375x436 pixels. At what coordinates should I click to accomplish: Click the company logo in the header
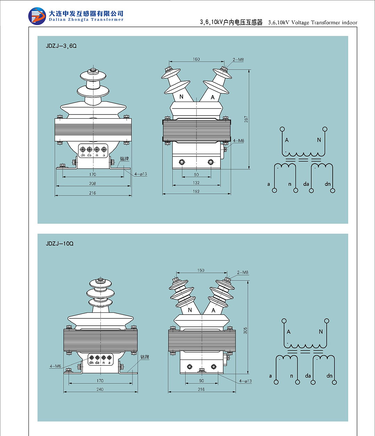(37, 16)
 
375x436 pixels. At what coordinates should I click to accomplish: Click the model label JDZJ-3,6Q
(61, 46)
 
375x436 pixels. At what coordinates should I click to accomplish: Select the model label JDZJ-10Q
(60, 244)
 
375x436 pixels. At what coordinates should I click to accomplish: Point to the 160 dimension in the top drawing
(196, 59)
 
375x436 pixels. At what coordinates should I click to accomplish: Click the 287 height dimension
(246, 119)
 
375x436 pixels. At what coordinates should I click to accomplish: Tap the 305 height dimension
(245, 331)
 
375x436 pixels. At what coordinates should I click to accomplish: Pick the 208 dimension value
(92, 183)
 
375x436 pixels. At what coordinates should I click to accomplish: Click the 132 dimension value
(196, 183)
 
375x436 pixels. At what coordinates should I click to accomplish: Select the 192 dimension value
(196, 191)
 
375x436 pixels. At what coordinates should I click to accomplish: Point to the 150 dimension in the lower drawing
(201, 270)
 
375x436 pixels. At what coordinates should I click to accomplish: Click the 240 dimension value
(100, 389)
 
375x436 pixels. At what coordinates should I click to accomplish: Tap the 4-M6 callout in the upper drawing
(239, 141)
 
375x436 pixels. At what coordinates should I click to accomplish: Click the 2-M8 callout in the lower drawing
(243, 272)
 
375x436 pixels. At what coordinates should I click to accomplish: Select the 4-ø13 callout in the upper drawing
(141, 174)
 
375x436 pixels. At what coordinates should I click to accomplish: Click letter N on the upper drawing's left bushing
(181, 97)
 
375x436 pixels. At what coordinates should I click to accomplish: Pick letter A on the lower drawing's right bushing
(214, 310)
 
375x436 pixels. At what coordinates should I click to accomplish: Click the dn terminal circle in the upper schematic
(333, 191)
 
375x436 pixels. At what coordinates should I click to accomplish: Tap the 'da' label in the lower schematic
(308, 376)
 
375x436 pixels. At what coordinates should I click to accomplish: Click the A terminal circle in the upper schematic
(282, 129)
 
